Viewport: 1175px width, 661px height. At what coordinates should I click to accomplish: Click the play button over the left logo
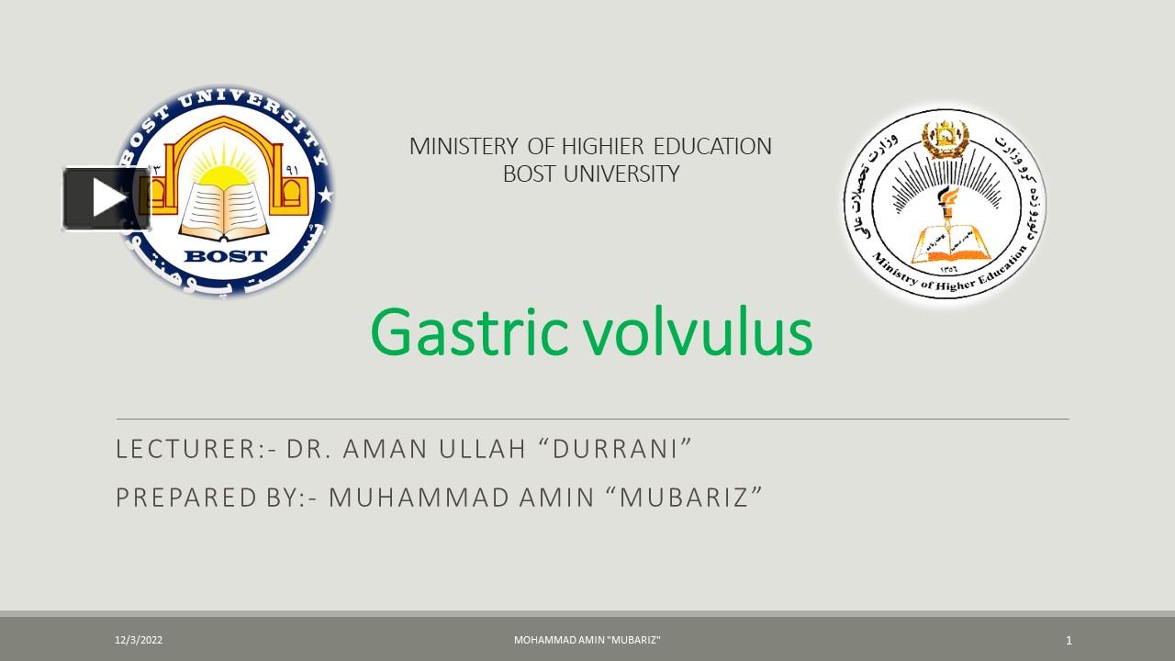[x=106, y=198]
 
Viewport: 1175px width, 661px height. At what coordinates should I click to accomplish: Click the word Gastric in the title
[x=469, y=332]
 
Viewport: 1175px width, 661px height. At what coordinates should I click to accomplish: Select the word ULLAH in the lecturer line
[x=481, y=449]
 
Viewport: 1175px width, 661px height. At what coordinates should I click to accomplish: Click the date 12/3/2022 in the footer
[x=139, y=640]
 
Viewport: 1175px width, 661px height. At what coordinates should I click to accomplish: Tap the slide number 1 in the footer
[x=1069, y=640]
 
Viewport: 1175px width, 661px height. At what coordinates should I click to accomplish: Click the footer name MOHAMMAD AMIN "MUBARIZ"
[x=587, y=640]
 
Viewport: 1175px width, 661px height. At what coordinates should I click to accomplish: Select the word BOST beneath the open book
[x=225, y=256]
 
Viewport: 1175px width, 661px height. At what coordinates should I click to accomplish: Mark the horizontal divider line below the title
[x=592, y=420]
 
